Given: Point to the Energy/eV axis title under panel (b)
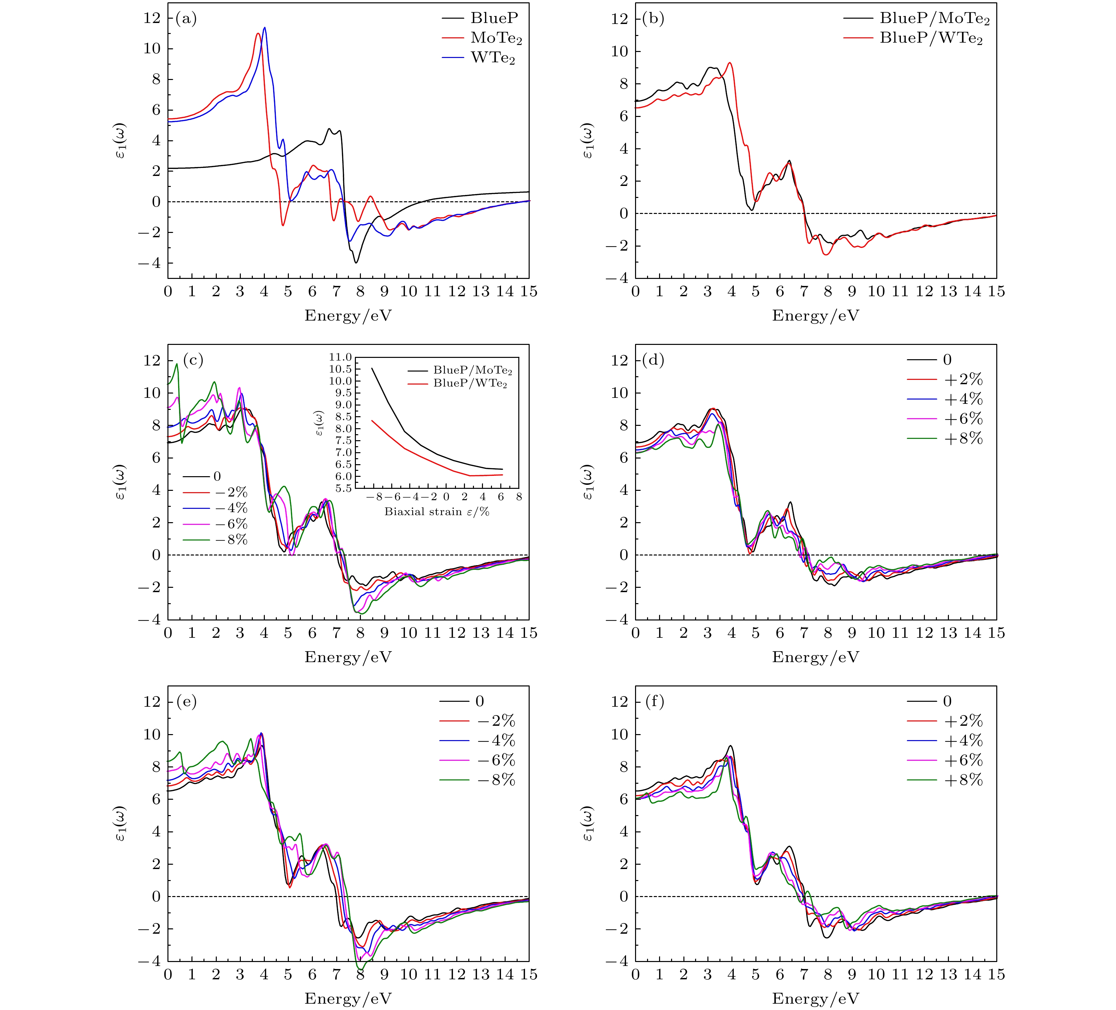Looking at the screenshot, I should click(x=815, y=316).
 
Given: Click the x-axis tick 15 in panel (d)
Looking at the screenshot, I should click(x=997, y=633).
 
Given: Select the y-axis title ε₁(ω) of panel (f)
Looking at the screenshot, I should click(x=588, y=824).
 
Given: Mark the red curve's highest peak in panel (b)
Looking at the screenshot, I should click(x=730, y=63).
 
